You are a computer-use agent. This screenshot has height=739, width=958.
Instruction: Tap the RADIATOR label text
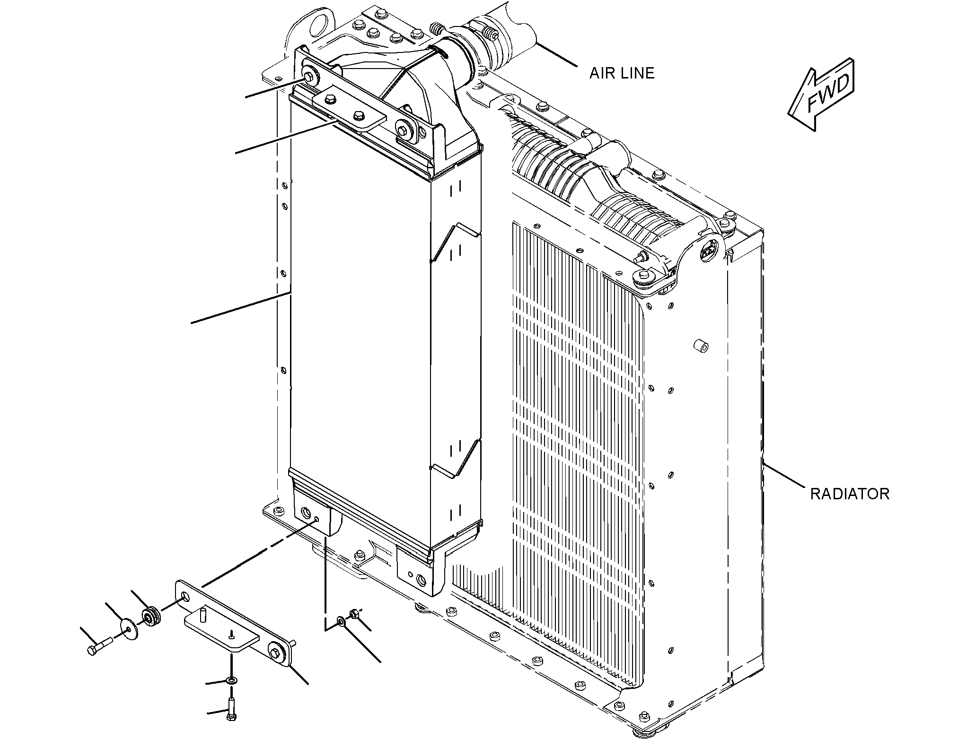(850, 494)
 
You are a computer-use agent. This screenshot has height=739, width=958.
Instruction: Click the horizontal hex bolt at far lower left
(100, 646)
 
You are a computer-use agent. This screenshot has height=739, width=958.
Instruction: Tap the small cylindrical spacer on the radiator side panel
(701, 347)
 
